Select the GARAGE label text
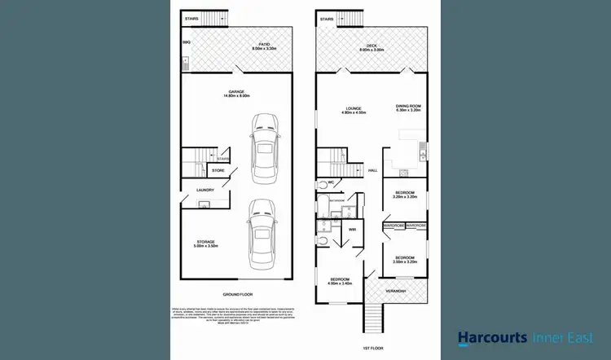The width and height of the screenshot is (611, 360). pos(238,92)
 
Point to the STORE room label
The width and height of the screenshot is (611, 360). pos(218,170)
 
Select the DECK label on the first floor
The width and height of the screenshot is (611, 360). pos(371,46)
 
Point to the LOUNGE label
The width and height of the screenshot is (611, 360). pos(354,108)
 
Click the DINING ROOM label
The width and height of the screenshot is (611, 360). pos(408,106)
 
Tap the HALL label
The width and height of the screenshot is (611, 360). pos(372,170)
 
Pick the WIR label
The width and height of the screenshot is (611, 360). pos(353,230)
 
